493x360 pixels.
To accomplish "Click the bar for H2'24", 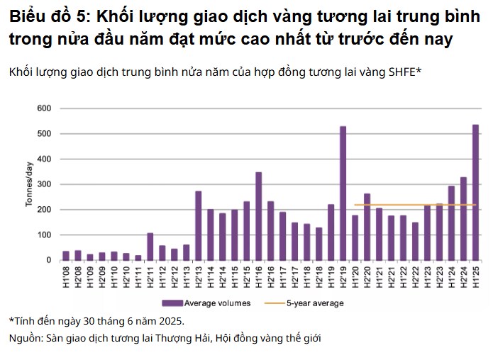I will point(463,219).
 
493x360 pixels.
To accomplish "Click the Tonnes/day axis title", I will point(30,184).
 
